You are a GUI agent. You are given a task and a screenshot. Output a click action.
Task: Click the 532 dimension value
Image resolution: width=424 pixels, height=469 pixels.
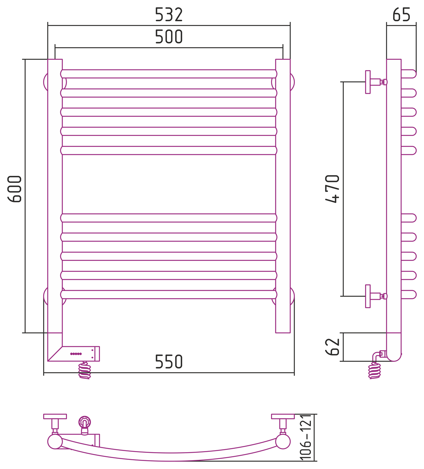pyautogui.click(x=169, y=15)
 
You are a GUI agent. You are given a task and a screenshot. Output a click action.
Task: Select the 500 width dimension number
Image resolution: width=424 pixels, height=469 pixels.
pyautogui.click(x=169, y=37)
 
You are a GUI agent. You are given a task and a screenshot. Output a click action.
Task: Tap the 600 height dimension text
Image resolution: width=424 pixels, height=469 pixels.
pyautogui.click(x=15, y=189)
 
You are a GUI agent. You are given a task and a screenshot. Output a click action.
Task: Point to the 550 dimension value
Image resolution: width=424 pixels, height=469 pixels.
pyautogui.click(x=169, y=362)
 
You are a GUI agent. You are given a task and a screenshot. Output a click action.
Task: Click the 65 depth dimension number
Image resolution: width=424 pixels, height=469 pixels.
pyautogui.click(x=401, y=15)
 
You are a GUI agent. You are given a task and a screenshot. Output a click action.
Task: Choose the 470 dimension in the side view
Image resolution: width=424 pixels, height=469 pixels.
pyautogui.click(x=332, y=189)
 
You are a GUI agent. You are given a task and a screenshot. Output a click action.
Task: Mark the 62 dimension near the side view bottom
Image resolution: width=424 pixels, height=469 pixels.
pyautogui.click(x=332, y=347)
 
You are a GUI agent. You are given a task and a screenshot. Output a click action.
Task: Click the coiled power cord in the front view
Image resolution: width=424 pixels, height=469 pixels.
pyautogui.click(x=85, y=371)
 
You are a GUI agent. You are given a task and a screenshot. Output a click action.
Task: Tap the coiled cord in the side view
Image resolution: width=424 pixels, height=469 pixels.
pyautogui.click(x=375, y=371)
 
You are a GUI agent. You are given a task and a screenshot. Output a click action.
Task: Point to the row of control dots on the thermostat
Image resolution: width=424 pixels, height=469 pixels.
pyautogui.click(x=76, y=354)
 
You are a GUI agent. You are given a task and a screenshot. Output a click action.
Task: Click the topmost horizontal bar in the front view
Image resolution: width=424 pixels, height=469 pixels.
pyautogui.click(x=169, y=74)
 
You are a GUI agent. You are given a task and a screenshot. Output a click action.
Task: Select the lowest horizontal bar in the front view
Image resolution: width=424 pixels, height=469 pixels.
pyautogui.click(x=169, y=295)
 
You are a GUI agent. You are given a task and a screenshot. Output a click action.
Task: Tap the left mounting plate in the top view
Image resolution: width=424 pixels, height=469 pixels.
pyautogui.click(x=55, y=416)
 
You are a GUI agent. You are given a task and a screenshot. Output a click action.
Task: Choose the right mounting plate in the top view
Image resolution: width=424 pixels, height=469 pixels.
pyautogui.click(x=283, y=416)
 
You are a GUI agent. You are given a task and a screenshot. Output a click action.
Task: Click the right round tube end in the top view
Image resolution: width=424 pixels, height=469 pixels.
pyautogui.click(x=283, y=442)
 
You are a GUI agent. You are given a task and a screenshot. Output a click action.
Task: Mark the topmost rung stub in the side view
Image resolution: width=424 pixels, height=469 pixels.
pyautogui.click(x=409, y=74)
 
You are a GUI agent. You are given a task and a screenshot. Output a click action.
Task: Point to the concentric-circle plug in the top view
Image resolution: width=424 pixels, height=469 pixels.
pyautogui.click(x=85, y=422)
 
